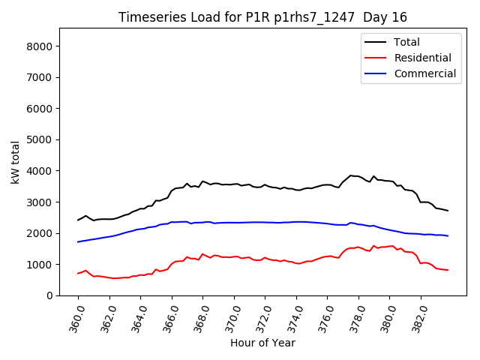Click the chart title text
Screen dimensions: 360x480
click(262, 17)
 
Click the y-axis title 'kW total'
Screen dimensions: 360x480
click(16, 162)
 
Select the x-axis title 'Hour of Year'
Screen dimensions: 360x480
click(262, 343)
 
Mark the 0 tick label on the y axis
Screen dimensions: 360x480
click(49, 296)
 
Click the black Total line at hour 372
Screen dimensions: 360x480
click(265, 184)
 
